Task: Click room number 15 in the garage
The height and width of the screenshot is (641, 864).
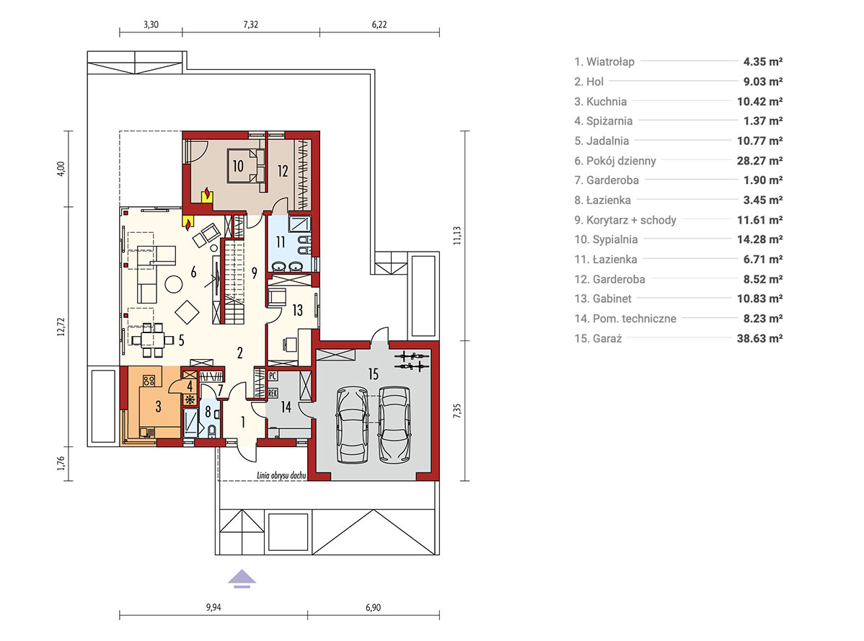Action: point(373,374)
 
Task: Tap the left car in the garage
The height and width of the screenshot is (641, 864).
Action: point(352,425)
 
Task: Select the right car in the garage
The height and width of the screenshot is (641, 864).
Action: point(394,425)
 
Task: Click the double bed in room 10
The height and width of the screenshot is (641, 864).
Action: point(246,165)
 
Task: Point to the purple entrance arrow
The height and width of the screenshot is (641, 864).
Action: point(242,579)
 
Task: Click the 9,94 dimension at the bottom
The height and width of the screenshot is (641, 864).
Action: point(213,607)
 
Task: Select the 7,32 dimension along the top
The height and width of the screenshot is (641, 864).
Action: point(251,25)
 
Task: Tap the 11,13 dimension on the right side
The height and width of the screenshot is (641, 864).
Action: point(457,236)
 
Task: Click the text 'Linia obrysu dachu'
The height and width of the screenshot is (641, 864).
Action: point(281,475)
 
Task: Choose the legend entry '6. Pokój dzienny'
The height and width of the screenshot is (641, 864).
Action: point(615,161)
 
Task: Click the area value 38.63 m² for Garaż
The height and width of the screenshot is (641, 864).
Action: point(760,338)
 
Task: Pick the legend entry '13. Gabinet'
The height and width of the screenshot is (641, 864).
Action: point(603,299)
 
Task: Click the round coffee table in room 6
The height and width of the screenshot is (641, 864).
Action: point(174,284)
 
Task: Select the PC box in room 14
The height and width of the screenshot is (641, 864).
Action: point(272,376)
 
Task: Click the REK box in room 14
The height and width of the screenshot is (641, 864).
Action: point(272,393)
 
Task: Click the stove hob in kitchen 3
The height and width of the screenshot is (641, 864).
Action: point(149,380)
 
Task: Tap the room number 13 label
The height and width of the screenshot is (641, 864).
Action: point(298,311)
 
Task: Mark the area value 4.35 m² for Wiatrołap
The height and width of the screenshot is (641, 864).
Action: point(763,62)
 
